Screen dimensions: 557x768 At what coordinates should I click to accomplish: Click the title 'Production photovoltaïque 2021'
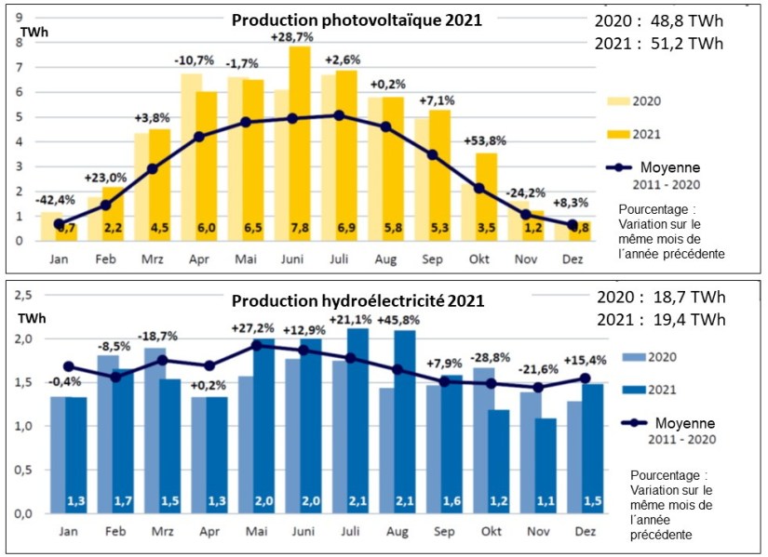pyautogui.click(x=357, y=20)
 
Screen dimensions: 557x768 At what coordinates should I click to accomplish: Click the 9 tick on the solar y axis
pyautogui.click(x=19, y=17)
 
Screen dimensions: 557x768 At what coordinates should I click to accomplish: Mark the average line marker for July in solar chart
pyautogui.click(x=339, y=115)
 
